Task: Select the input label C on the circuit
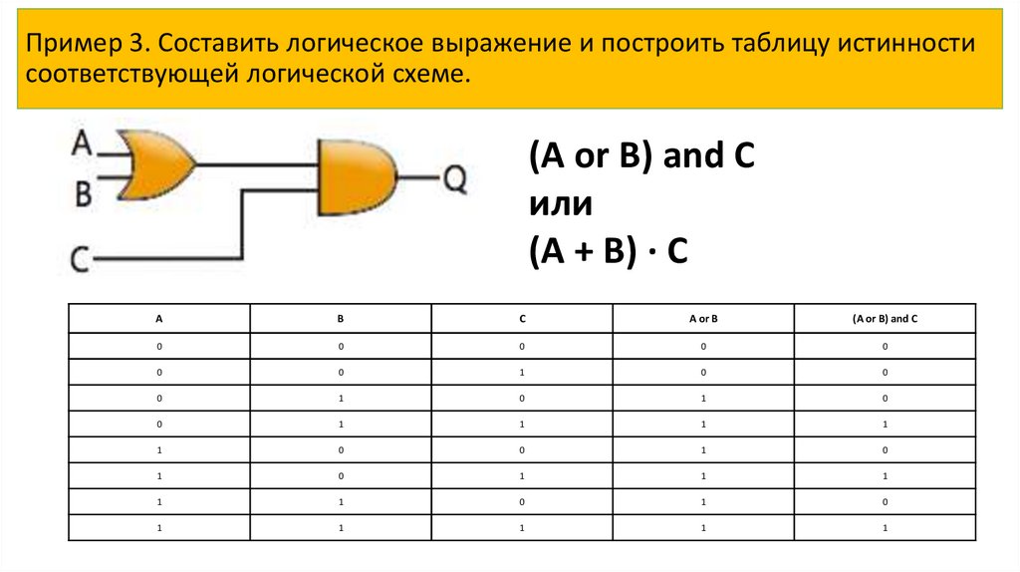tap(81, 261)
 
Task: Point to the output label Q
tap(453, 179)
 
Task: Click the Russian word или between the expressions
tap(561, 206)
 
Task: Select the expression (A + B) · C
tap(609, 253)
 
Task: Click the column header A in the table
tap(158, 319)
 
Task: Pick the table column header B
tap(340, 319)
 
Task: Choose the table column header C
tap(522, 319)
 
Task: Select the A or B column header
tap(703, 319)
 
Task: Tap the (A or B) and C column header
tap(885, 319)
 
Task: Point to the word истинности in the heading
tap(906, 44)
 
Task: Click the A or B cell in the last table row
tap(703, 527)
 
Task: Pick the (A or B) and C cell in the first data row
tap(885, 346)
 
